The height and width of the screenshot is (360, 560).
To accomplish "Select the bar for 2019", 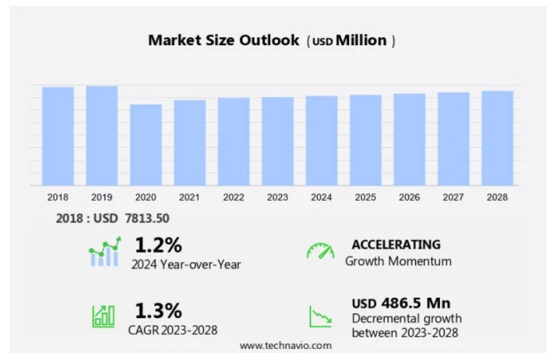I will [102, 135].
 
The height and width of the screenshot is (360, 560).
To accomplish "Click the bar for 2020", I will [146, 145].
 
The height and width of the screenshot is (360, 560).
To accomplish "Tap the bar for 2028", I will [497, 138].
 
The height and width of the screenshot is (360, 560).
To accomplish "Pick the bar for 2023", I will [277, 141].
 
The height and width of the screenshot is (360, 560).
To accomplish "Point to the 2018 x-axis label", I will [58, 197].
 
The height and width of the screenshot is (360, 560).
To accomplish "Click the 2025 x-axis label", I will [365, 197].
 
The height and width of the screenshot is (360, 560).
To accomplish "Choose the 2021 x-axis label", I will [190, 197].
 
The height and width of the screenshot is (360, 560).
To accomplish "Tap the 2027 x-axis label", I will [454, 197].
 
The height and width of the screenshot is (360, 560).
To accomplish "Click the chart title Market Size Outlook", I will [224, 40].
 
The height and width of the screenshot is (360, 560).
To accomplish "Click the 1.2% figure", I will [158, 245].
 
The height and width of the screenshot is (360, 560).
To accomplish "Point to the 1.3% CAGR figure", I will [158, 311].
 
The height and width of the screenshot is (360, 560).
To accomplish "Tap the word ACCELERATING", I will [396, 245].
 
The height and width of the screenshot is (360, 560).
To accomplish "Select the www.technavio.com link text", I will [285, 346].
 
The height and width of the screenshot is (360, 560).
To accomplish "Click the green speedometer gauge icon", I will [321, 252].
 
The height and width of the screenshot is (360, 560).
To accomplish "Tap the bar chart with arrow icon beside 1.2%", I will [105, 252].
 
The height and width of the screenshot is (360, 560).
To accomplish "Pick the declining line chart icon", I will [321, 316].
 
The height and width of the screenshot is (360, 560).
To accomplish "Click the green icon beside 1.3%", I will [104, 315].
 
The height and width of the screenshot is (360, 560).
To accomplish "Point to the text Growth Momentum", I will [398, 261].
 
